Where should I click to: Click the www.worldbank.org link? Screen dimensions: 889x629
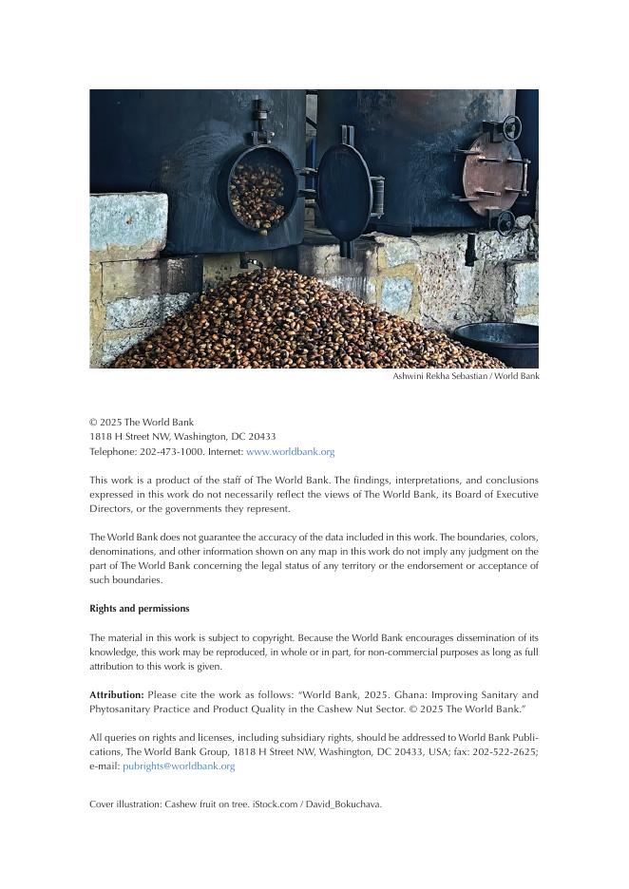pos(290,452)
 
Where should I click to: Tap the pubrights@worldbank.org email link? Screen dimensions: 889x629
pos(179,766)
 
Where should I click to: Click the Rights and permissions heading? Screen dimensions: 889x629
pos(140,609)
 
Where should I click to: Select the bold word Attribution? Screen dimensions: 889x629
pos(117,695)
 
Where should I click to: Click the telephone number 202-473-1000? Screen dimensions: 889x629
pos(171,452)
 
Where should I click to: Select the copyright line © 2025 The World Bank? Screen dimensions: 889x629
pos(142,423)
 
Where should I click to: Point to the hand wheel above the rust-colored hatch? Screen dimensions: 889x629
pos(512,126)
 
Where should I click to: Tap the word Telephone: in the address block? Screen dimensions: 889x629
pos(113,452)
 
